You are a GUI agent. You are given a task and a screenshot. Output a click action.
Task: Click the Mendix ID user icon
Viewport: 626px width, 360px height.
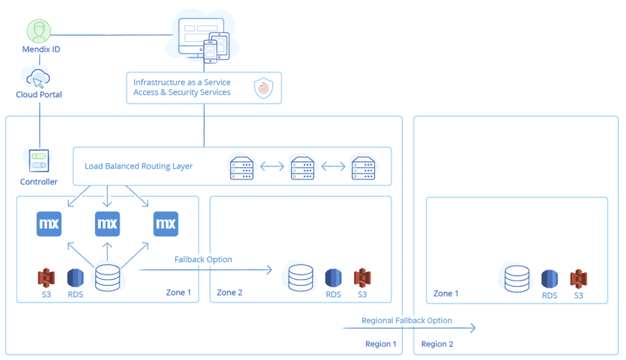click(x=39, y=31)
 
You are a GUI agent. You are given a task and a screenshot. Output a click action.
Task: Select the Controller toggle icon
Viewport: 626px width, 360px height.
click(x=39, y=161)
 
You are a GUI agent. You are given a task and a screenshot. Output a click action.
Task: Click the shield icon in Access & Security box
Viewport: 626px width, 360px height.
click(x=263, y=89)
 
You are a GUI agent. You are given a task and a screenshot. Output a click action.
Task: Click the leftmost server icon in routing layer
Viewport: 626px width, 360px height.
click(x=241, y=168)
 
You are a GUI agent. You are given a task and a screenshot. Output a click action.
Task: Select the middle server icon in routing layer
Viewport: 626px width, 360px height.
click(x=302, y=168)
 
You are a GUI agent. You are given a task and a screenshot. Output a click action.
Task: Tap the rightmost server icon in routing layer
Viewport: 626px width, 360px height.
click(x=363, y=168)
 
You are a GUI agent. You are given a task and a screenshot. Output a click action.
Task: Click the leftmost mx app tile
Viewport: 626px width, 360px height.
click(x=49, y=224)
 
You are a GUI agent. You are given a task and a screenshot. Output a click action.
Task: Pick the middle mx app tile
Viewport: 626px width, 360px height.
click(x=108, y=224)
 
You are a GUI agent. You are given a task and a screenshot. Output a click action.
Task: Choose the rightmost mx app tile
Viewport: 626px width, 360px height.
click(x=166, y=224)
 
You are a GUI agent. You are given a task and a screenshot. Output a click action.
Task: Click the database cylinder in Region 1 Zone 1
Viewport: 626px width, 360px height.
click(x=108, y=278)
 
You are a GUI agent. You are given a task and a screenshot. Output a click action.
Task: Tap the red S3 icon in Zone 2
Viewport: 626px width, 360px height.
click(x=363, y=277)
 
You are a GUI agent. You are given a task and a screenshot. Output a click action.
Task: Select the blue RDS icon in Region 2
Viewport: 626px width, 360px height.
click(x=550, y=279)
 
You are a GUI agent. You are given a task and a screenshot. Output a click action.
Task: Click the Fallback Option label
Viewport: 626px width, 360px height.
click(x=203, y=259)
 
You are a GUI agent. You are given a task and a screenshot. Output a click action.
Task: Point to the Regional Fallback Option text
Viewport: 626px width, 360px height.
click(x=407, y=320)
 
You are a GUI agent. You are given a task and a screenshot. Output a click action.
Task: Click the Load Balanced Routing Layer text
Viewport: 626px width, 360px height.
click(x=139, y=166)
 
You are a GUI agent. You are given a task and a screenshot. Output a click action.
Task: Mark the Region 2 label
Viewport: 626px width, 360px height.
click(x=437, y=344)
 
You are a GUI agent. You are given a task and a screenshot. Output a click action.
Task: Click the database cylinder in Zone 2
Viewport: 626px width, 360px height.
click(x=301, y=277)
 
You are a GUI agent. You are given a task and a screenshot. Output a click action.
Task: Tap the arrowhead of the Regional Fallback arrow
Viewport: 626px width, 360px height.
click(x=473, y=329)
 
